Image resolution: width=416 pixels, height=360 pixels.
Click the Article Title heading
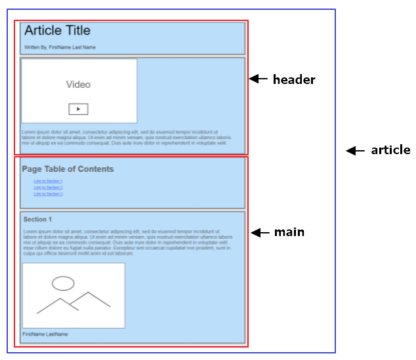point(58,31)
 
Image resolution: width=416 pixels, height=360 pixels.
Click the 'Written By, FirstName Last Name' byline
point(60,47)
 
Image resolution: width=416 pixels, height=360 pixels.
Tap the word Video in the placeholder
point(78,85)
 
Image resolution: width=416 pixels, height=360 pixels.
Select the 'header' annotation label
point(294,80)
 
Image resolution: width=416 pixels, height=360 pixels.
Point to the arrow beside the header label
point(259,79)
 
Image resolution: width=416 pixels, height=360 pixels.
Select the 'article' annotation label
point(390,150)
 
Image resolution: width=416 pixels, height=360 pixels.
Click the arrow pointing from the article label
point(355,151)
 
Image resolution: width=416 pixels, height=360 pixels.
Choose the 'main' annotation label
point(289,232)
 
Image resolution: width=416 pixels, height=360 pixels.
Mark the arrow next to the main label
point(260,232)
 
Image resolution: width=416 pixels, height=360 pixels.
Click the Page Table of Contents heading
point(68,169)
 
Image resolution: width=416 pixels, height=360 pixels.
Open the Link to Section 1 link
point(48,181)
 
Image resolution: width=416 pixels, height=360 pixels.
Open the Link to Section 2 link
point(48,188)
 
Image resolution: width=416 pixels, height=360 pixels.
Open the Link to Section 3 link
point(48,194)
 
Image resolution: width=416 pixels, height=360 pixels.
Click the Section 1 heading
point(37,219)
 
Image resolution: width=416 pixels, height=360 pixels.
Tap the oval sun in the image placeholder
point(63,283)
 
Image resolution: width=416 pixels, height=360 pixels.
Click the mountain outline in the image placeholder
point(72,303)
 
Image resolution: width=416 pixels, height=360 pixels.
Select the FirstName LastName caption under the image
point(45,334)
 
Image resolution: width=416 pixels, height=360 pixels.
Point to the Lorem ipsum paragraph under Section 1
point(127,243)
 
